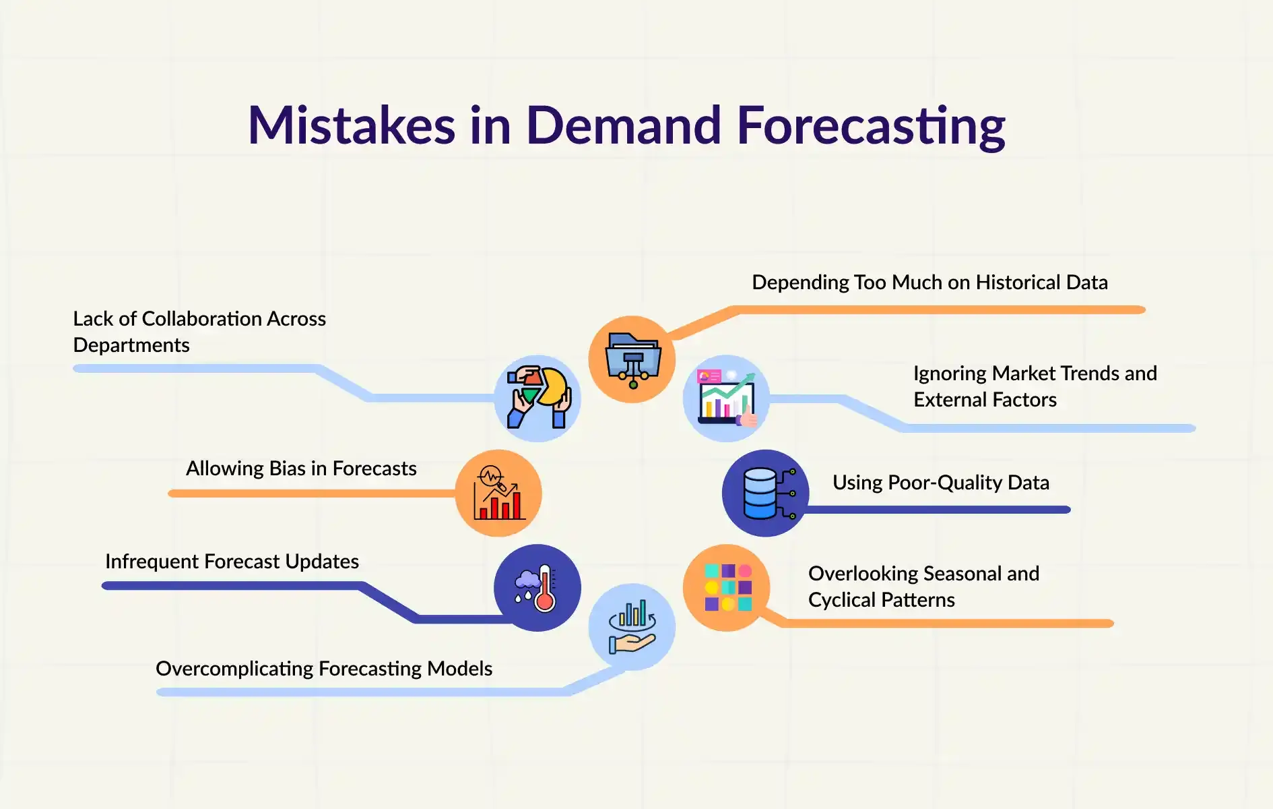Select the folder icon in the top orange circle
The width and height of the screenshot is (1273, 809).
632,360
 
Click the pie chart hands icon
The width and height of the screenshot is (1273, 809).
538,398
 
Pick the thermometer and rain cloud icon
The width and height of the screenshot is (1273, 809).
536,588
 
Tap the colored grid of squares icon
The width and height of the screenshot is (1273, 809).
727,587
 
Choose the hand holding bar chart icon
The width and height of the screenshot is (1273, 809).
632,627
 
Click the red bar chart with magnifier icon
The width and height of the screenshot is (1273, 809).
498,493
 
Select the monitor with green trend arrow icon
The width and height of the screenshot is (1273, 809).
727,398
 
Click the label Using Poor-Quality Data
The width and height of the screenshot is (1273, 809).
941,483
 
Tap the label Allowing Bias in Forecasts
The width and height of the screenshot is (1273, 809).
301,468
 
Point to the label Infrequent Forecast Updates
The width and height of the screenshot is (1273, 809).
232,562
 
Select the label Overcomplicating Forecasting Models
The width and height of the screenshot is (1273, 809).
324,669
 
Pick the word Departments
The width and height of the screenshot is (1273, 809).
131,345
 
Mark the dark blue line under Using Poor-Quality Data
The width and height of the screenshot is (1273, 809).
936,510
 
